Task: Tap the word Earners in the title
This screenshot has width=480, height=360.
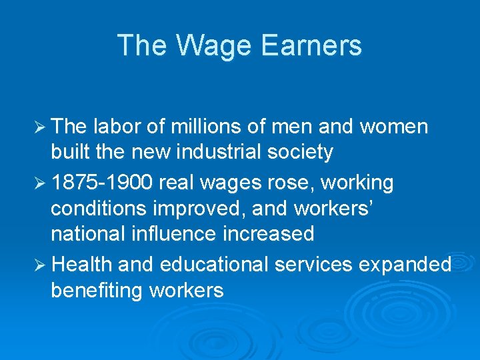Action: click(x=311, y=46)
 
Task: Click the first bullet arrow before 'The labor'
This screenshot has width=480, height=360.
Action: click(x=39, y=127)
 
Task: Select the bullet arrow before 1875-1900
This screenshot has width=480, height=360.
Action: click(x=39, y=183)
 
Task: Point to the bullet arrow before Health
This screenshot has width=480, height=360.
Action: click(x=39, y=265)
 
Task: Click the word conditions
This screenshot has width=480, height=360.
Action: click(x=99, y=209)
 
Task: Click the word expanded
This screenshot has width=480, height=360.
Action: click(x=405, y=265)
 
